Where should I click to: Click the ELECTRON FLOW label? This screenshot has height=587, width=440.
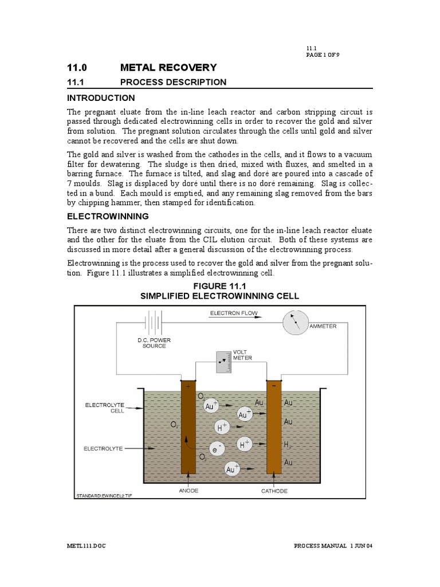234,313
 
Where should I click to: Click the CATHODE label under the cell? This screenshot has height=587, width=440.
274,491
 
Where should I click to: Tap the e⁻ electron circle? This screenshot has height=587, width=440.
215,450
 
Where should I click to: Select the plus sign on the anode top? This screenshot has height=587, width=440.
187,386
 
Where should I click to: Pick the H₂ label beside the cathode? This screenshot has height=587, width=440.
288,445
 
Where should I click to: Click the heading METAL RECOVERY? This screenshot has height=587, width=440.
168,68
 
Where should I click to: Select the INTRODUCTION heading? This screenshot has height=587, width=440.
101,97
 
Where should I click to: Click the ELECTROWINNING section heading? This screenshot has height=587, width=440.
108,216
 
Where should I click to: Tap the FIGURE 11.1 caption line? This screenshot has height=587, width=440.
220,285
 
